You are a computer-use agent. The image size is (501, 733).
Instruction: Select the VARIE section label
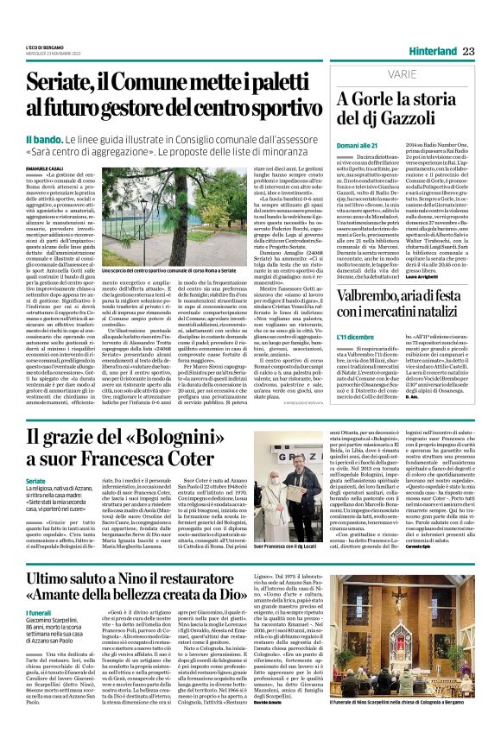pos(354,76)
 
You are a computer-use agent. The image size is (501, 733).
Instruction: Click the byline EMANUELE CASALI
pos(46,167)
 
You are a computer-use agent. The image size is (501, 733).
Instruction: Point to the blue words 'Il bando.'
pos(44,139)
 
